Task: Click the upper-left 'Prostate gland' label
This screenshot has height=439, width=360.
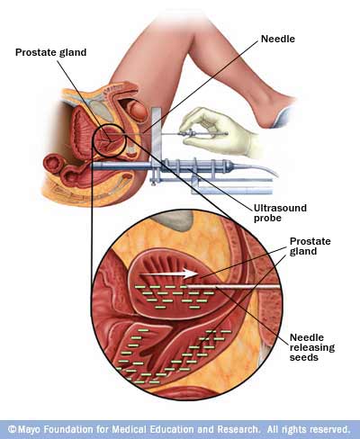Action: pos(50,52)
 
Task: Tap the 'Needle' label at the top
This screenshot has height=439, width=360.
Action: pos(278,39)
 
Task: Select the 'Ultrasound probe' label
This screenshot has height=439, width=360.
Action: pos(280,212)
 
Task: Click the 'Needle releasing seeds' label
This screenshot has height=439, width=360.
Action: pos(312,347)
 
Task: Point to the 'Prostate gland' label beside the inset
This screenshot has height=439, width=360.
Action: pos(310,246)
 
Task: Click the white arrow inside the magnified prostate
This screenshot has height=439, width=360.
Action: pos(169,273)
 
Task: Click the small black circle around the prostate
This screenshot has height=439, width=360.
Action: pos(93,140)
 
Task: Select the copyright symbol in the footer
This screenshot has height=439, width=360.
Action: pos(12,429)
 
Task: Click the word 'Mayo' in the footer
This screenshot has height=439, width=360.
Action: pos(30,429)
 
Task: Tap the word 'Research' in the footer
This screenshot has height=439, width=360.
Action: pos(238,429)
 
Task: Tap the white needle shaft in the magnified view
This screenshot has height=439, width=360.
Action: pos(234,287)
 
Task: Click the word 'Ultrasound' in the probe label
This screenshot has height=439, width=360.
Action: pos(280,208)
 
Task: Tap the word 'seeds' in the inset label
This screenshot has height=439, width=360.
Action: pos(304,357)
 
